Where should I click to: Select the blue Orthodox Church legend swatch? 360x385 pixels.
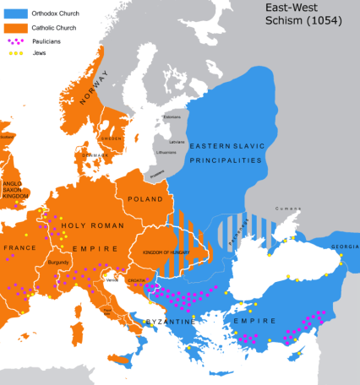point(14,12)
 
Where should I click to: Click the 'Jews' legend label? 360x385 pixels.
point(40,52)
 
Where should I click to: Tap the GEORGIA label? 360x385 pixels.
point(344,247)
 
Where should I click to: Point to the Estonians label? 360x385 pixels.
point(195,117)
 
